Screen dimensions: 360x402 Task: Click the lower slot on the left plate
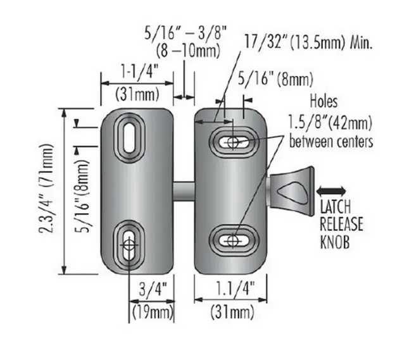(129, 244)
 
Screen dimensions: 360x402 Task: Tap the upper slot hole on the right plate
(234, 142)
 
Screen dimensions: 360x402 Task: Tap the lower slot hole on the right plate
(234, 240)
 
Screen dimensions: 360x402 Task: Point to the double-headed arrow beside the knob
(331, 190)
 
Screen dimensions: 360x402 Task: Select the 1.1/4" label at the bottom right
(225, 290)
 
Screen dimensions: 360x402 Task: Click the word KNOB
(340, 242)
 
